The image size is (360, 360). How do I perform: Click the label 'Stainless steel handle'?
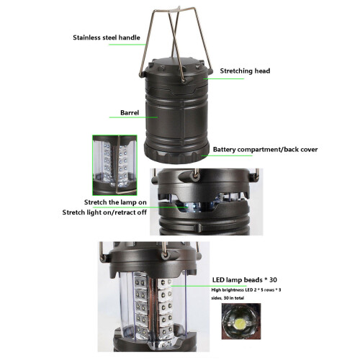pos(107,37)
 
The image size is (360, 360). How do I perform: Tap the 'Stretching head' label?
pos(245,71)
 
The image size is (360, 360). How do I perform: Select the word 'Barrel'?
pos(130,113)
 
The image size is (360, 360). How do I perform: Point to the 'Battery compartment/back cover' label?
pos(265,150)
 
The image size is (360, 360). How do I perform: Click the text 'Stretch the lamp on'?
pos(115,202)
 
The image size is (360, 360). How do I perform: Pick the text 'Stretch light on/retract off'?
pos(104,212)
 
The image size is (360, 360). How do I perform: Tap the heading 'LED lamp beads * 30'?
pos(245,280)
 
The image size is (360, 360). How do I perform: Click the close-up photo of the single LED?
pos(241,321)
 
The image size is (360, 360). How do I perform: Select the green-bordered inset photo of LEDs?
pos(114,165)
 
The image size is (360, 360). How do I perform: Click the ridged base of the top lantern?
pos(176,153)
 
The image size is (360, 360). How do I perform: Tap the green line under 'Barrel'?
pos(133,117)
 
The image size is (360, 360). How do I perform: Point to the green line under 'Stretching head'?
pos(224,78)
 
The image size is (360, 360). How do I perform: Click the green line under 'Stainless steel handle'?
pos(127,45)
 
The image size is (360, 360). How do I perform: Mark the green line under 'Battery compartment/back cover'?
pos(227,156)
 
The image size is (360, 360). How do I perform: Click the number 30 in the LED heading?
pos(273,280)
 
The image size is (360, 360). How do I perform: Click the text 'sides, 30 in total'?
pos(228,298)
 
